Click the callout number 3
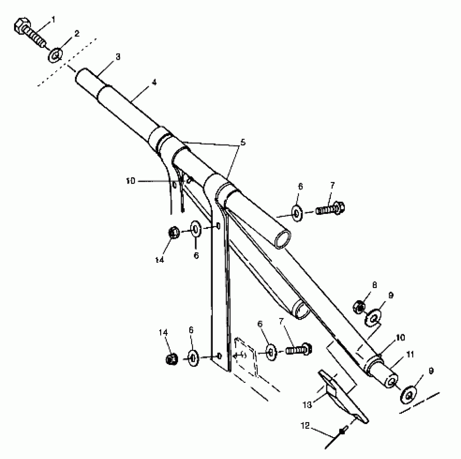pyautogui.click(x=118, y=57)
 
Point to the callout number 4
pyautogui.click(x=154, y=82)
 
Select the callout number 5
pyautogui.click(x=243, y=142)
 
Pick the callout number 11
pyautogui.click(x=410, y=354)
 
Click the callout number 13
pyautogui.click(x=307, y=405)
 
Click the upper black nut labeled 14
pyautogui.click(x=174, y=232)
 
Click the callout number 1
pyautogui.click(x=53, y=19)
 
